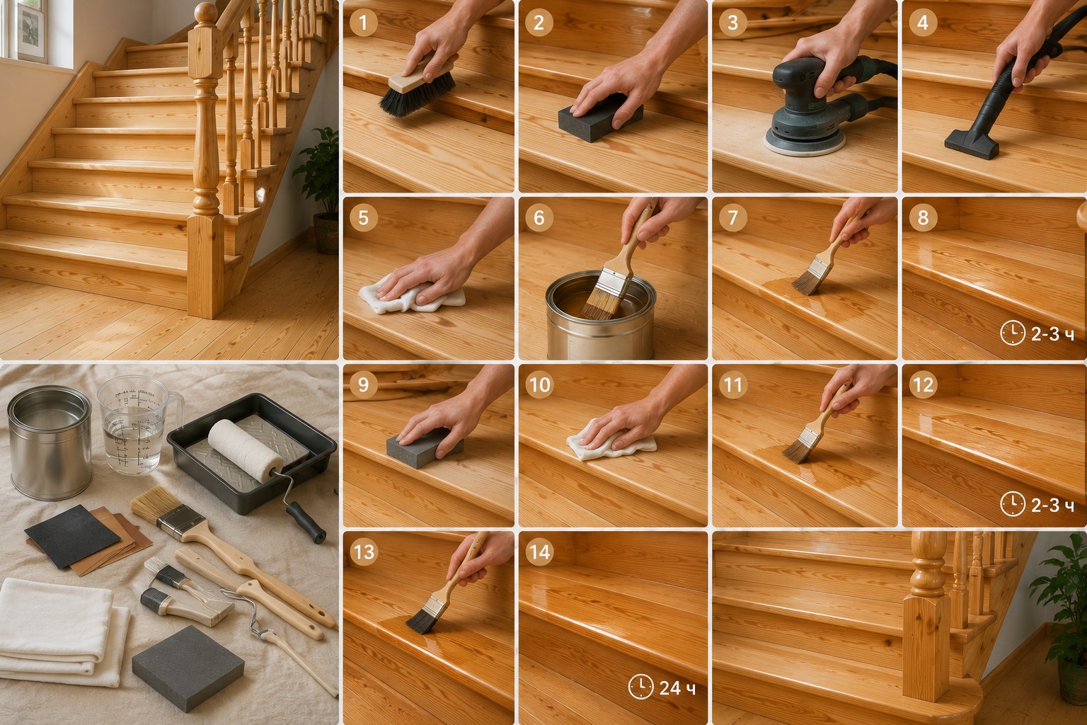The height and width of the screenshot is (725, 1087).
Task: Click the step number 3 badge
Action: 732,23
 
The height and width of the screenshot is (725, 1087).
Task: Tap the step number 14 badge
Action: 539,552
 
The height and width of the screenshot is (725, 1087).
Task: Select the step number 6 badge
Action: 539,217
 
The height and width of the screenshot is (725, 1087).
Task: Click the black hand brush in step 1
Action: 418,91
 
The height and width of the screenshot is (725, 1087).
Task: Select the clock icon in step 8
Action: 1013,333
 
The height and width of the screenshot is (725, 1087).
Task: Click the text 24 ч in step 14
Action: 677,687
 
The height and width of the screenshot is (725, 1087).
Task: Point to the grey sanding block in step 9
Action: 424,448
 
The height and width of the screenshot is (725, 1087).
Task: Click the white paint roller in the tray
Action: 245,450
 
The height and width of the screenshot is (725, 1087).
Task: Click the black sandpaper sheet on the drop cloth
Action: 72,536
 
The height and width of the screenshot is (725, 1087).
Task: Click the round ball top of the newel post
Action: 206,13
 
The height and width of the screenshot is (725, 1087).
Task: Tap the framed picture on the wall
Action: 31,30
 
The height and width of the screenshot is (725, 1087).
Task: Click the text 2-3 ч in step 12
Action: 1052,506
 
